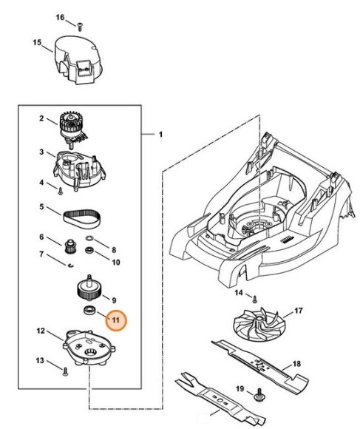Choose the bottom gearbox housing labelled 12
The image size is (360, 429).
tap(89, 348)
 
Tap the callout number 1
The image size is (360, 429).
tap(160, 134)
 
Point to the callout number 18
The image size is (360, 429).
tap(295, 363)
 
